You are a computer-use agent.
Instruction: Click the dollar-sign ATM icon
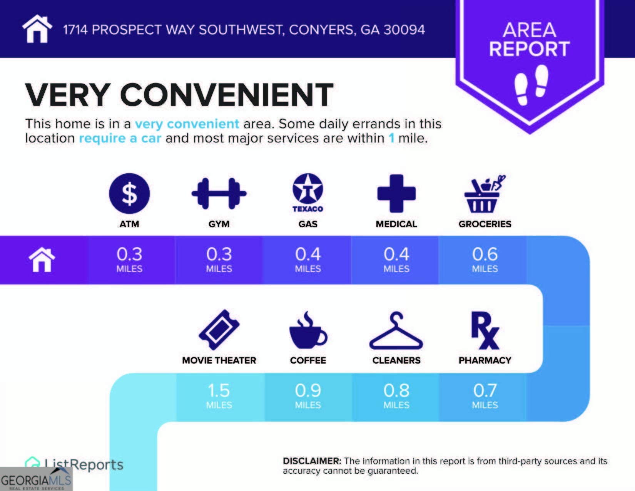(129, 193)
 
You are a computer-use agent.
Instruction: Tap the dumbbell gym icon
(219, 193)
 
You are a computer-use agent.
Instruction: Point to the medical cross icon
(396, 193)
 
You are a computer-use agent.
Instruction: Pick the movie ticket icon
(219, 330)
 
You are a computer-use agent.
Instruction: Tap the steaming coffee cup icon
(308, 330)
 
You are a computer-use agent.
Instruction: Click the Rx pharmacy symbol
(485, 330)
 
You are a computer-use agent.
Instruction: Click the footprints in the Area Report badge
(531, 85)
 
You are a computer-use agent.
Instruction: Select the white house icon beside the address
(37, 28)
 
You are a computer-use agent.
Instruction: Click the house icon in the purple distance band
(42, 260)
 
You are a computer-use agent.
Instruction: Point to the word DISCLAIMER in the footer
(312, 461)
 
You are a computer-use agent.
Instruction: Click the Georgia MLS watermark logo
(36, 479)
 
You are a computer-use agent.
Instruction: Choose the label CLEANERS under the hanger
(396, 360)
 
